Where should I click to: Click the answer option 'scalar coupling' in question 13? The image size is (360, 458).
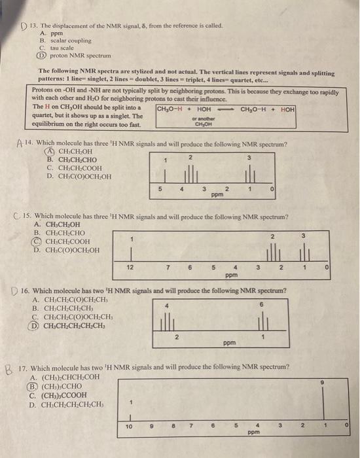point(64,41)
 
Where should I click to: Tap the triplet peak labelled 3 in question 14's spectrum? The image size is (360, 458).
point(249,177)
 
